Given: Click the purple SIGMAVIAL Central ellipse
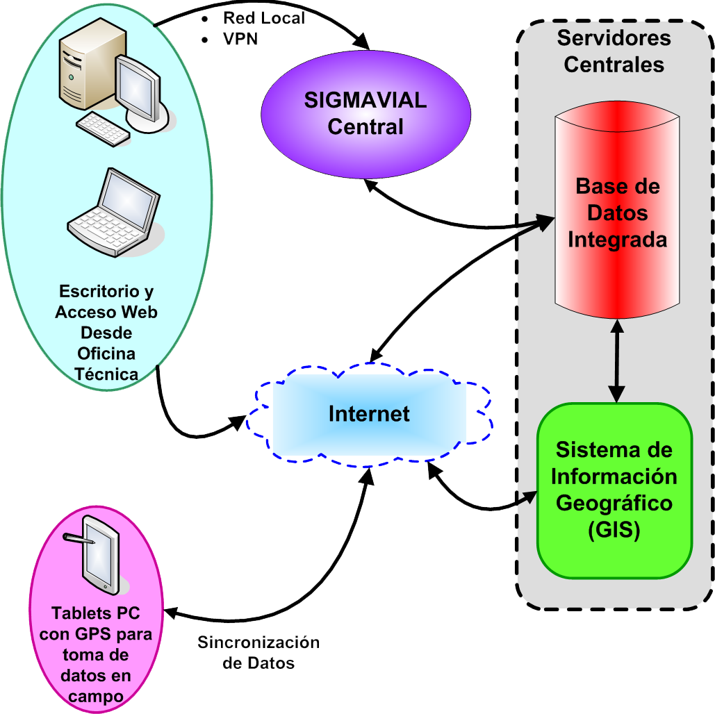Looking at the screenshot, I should (x=365, y=114).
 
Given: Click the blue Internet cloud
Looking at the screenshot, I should (x=369, y=414).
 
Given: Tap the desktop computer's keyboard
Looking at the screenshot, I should (x=102, y=129).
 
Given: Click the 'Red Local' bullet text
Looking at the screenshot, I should (x=263, y=18).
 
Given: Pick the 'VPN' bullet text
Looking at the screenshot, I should (x=240, y=39).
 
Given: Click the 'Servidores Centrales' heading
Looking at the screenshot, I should (x=614, y=51).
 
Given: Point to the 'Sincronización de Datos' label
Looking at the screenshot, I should (x=258, y=652).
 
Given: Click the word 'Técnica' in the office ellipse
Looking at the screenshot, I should (x=106, y=374).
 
